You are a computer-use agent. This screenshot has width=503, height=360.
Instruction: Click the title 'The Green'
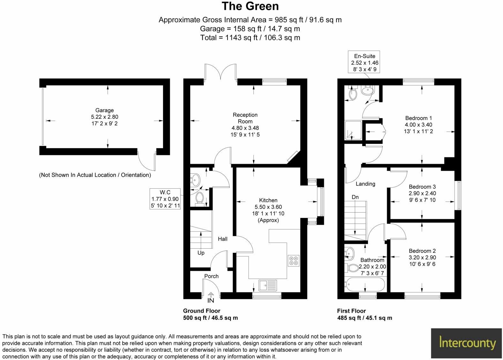point(250,6)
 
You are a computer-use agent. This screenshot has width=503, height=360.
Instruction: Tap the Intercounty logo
point(467,343)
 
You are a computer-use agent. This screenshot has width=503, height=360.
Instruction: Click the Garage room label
point(104,110)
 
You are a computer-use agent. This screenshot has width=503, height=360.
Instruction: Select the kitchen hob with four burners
point(294,260)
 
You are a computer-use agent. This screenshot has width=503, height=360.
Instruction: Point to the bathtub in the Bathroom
point(365,284)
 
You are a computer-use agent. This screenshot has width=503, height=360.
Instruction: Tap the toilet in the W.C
point(200,198)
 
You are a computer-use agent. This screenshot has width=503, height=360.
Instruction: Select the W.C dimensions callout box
point(165,199)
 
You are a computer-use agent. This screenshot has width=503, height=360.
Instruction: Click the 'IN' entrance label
point(211,300)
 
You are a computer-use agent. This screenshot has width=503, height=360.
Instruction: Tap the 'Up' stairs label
point(201,253)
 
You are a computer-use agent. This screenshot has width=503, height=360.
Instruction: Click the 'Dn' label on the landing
point(355,197)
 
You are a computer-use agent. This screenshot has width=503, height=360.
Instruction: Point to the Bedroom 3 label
point(422,187)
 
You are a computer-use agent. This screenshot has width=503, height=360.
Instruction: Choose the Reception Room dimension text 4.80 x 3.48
point(245,128)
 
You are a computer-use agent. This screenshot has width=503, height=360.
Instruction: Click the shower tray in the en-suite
point(353,130)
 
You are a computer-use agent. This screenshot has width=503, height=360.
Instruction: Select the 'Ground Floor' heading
point(202,311)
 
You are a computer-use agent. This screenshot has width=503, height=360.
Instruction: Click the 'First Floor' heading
point(351,311)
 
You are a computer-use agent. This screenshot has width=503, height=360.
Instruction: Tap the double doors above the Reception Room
point(221,71)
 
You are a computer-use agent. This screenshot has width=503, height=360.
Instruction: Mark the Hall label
point(222,239)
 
